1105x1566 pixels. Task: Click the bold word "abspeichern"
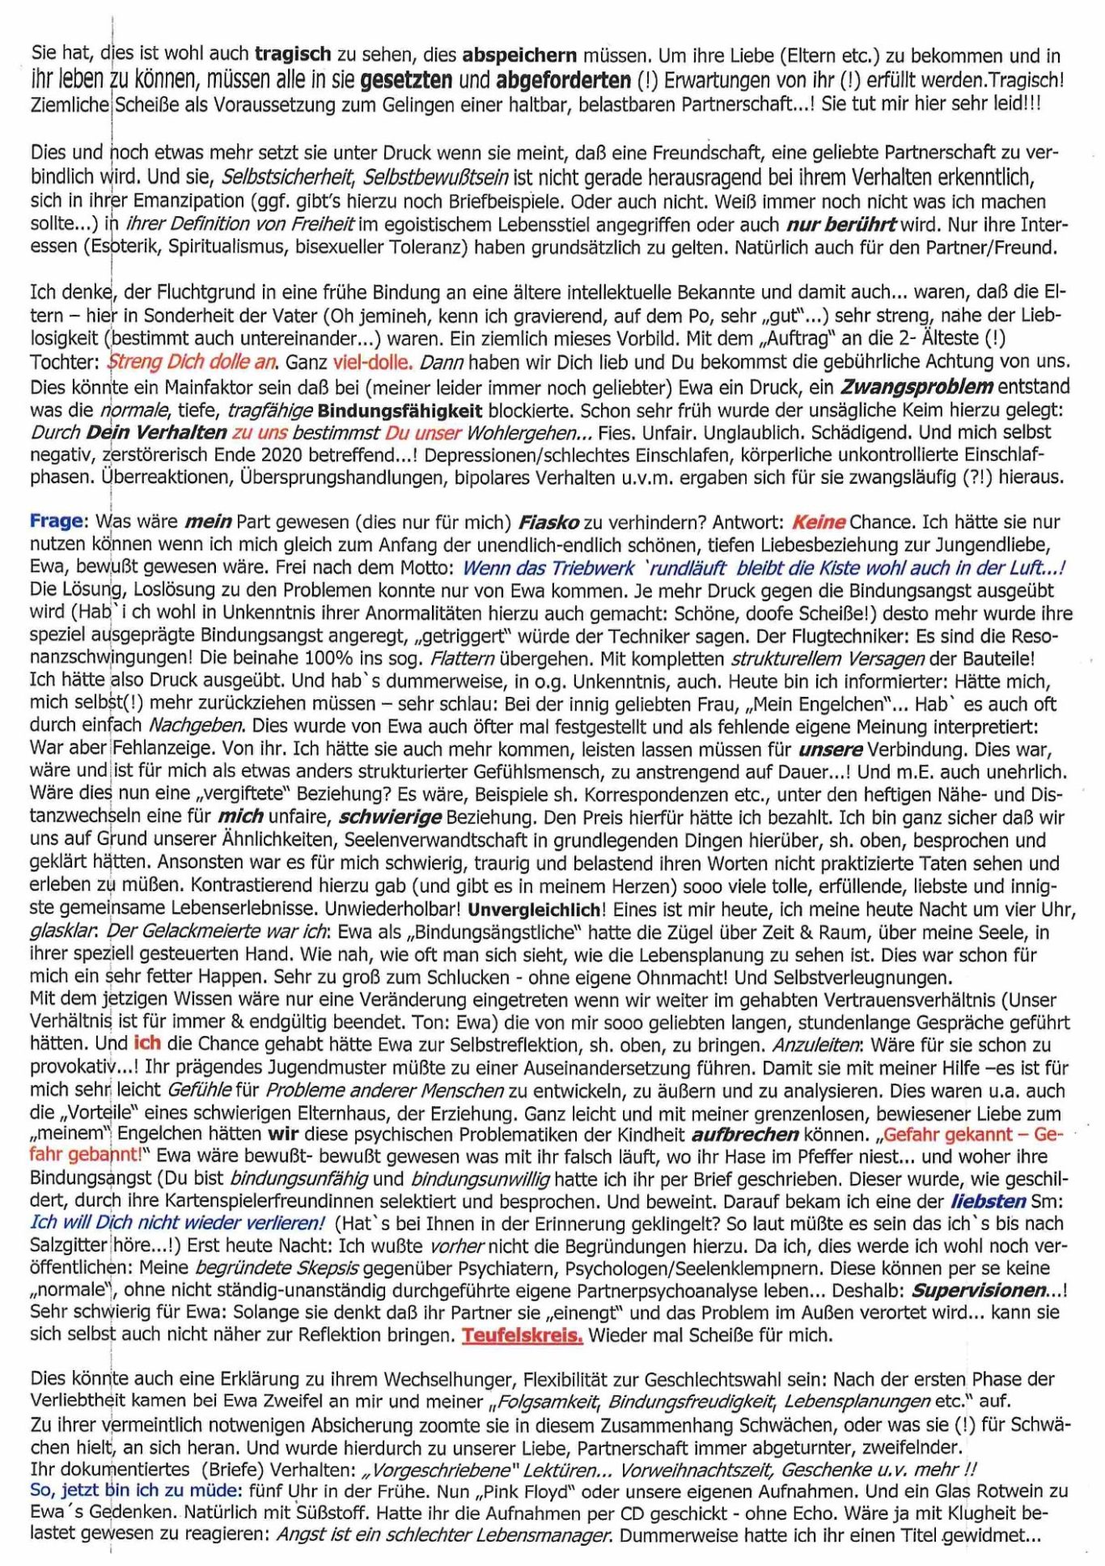[x=519, y=56]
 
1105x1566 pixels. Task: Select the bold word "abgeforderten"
[x=563, y=80]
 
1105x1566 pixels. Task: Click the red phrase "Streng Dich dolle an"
[x=193, y=361]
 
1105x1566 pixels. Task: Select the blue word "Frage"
[x=57, y=520]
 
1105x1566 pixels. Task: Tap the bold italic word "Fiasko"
[x=548, y=521]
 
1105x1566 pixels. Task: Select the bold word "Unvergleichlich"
[x=534, y=909]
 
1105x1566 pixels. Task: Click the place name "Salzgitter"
[x=68, y=1245]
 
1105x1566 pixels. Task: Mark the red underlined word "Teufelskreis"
[x=522, y=1335]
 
